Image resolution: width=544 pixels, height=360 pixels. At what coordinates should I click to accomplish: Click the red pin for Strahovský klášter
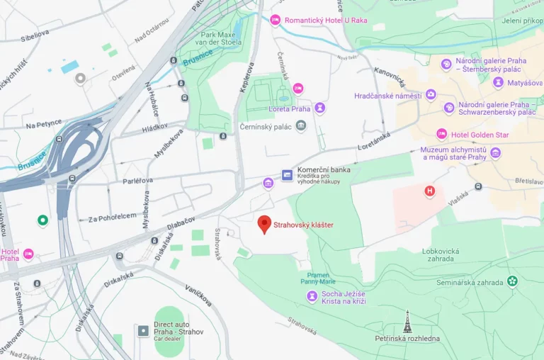pos(264,224)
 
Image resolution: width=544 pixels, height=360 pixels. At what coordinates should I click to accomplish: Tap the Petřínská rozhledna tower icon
pos(407,323)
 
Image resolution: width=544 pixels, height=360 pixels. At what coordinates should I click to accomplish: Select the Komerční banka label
pos(324,170)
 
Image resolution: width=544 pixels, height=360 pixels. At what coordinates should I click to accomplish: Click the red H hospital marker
pos(429,191)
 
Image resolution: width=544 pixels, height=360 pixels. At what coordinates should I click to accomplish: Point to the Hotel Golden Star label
pos(483,135)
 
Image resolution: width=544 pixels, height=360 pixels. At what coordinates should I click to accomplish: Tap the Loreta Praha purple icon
pos(320,108)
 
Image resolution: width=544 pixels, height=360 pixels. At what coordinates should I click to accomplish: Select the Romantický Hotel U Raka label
pos(326,20)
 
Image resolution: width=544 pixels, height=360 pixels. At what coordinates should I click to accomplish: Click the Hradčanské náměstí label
pos(388,95)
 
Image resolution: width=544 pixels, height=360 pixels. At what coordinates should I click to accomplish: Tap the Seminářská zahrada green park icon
pos(512,281)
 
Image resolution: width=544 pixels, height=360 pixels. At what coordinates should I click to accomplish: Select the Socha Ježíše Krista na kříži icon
pos(312,296)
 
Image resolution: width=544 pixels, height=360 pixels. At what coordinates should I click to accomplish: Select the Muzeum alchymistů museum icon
pos(495,153)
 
